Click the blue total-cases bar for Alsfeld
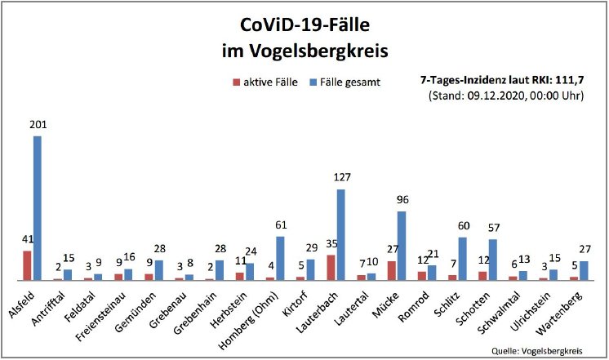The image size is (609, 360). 38,208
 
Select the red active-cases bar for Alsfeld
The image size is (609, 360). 27,265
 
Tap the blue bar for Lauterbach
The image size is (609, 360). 340,235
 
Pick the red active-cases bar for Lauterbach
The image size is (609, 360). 330,268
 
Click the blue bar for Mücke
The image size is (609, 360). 402,246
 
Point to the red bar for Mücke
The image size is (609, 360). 391,270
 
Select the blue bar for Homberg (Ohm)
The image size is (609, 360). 280,258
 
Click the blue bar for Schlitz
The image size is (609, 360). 462,259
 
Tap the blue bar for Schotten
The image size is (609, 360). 492,260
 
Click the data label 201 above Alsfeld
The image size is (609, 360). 37,126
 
